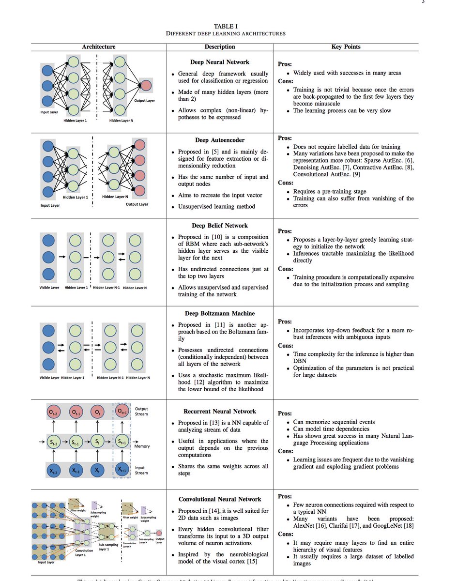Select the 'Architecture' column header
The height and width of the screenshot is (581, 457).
tap(99, 47)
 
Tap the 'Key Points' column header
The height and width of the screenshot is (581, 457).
tap(346, 47)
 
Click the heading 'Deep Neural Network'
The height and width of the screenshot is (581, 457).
tap(220, 62)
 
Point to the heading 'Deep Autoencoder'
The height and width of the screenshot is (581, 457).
tap(220, 140)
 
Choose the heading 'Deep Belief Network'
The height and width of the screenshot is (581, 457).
tap(220, 225)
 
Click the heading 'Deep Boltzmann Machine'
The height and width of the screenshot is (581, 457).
tap(220, 313)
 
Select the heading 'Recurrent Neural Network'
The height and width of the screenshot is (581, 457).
tap(220, 411)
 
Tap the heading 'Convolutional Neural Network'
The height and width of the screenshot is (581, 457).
tap(220, 499)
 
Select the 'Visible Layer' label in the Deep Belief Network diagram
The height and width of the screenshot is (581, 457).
tap(49, 288)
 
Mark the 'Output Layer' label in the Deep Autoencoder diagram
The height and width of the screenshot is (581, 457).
tap(137, 204)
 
